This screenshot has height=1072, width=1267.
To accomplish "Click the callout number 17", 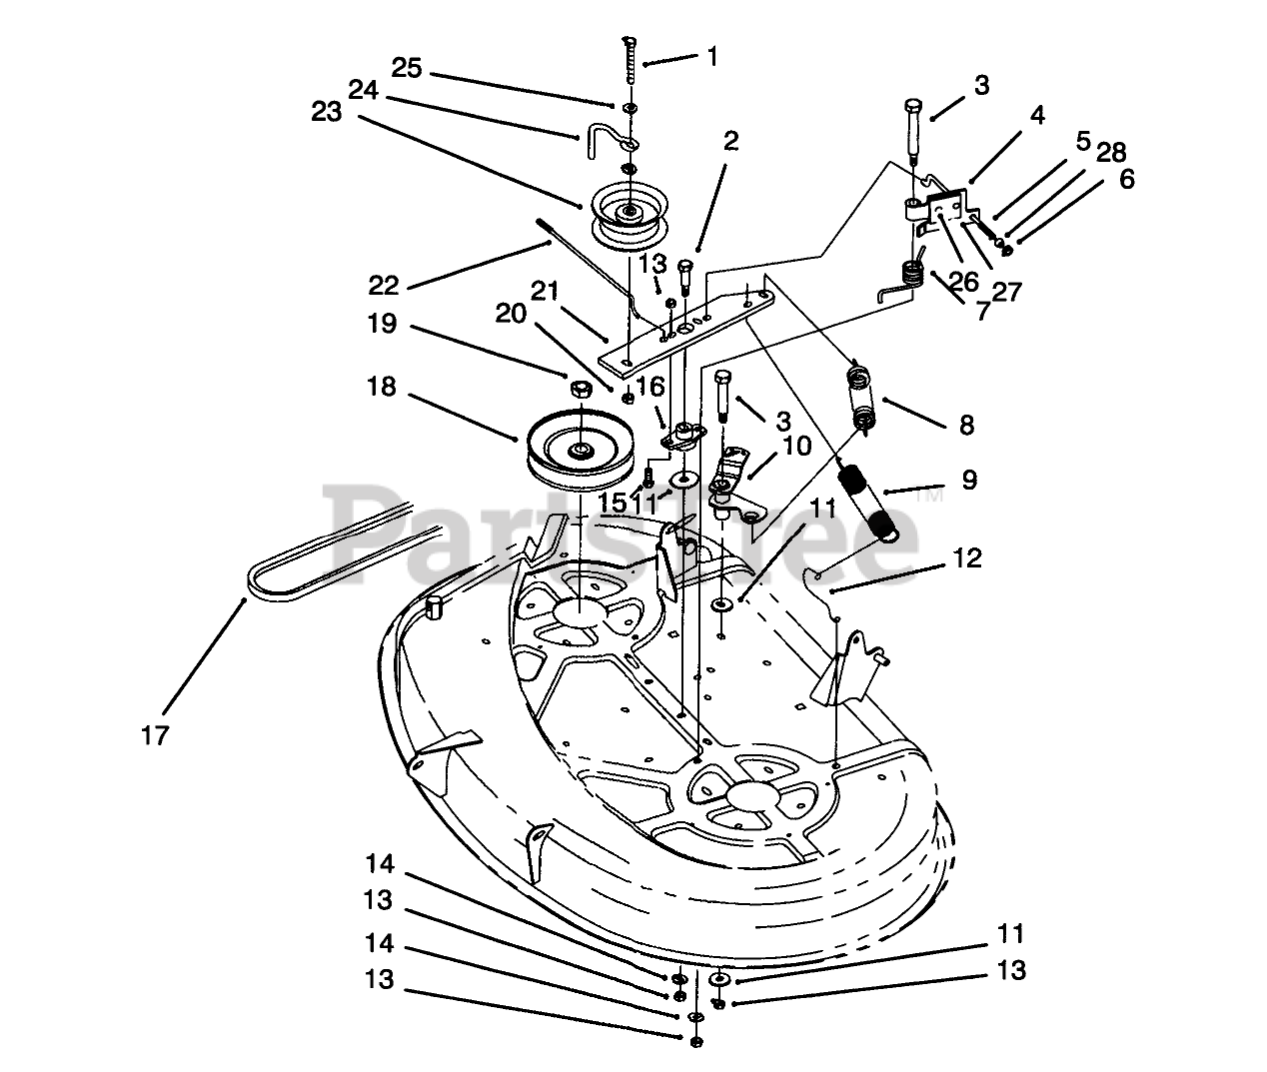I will pos(155,736).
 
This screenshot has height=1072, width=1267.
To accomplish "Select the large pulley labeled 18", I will pos(577,450).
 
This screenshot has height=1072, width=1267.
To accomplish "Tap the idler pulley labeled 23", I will pos(630,212).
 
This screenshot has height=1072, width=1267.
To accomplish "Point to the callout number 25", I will pos(407,69).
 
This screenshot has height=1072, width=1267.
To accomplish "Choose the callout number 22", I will pos(382,286).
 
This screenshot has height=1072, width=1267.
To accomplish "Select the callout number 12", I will pos(967,556).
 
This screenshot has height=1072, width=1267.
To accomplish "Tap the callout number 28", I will pos(1110,152).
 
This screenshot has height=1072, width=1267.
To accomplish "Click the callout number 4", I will pos(1037,116).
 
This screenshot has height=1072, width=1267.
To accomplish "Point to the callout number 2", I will pos(731,141).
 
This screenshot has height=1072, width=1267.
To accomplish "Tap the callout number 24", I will pos(361,90).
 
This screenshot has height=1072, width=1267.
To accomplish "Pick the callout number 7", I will pos(982,312).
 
